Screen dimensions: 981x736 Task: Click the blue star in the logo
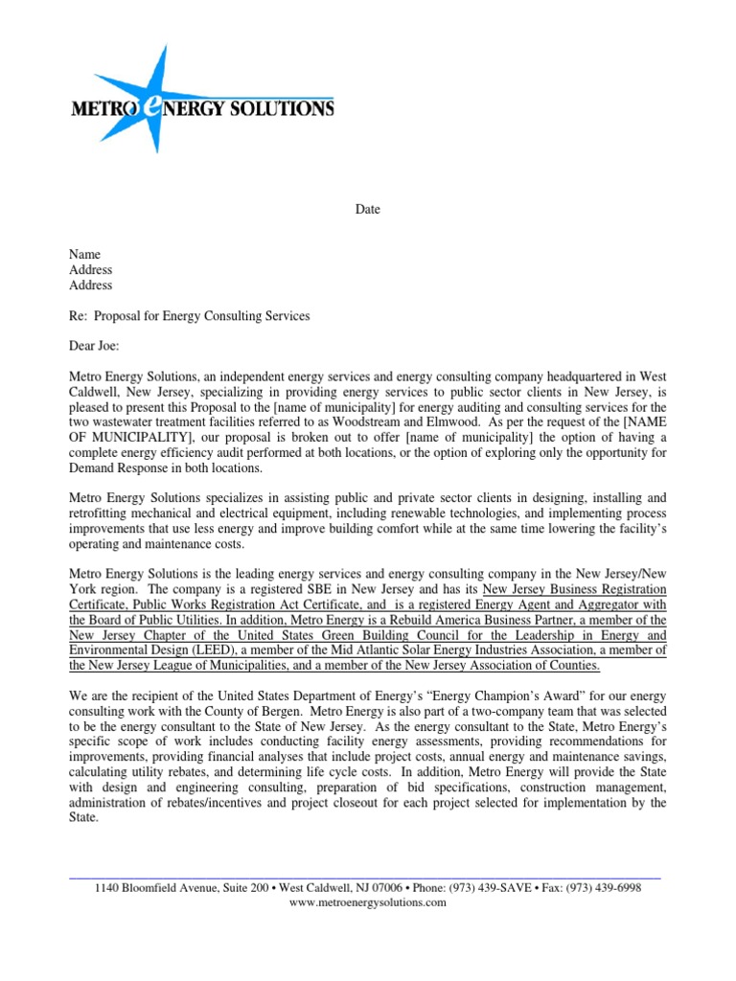tap(159, 96)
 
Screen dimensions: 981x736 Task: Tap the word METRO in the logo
tap(104, 109)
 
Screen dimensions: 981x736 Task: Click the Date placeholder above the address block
tap(368, 210)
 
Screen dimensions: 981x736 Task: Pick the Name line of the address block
tap(84, 254)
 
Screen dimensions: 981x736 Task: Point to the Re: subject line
tap(189, 315)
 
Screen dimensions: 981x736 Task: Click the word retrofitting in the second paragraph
tap(102, 514)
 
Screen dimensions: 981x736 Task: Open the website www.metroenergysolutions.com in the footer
tap(368, 903)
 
